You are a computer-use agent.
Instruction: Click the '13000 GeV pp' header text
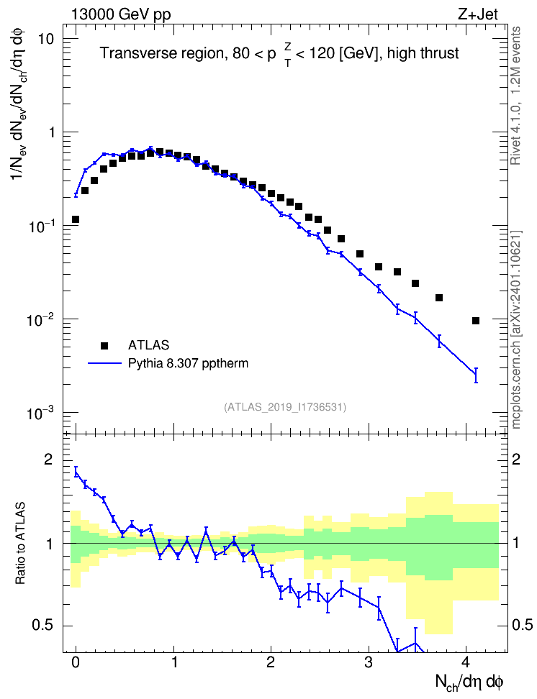coord(121,14)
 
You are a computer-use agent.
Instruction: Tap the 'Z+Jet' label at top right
coord(478,14)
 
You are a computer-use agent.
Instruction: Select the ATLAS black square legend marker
coord(104,345)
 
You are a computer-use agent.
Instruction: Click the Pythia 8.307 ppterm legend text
coord(188,363)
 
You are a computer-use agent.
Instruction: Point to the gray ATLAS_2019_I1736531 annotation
coord(285,407)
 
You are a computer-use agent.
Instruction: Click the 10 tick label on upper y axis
coord(45,40)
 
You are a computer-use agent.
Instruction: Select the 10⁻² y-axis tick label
coord(40,319)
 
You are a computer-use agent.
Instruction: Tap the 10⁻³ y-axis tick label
coord(40,413)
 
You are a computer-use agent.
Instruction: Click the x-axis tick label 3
coord(369,662)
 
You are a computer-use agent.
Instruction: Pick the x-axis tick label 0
coord(76,662)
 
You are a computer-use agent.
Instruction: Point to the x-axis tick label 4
coord(466,662)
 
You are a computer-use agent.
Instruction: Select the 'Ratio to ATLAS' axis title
coord(20,543)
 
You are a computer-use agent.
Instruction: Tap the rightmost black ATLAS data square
coord(476,321)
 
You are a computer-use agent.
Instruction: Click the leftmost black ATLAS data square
coord(76,219)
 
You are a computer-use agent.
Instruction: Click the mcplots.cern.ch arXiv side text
coord(516,329)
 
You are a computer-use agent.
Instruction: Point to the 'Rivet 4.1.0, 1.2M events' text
coord(516,96)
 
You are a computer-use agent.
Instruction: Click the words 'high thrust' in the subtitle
coord(423,53)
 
